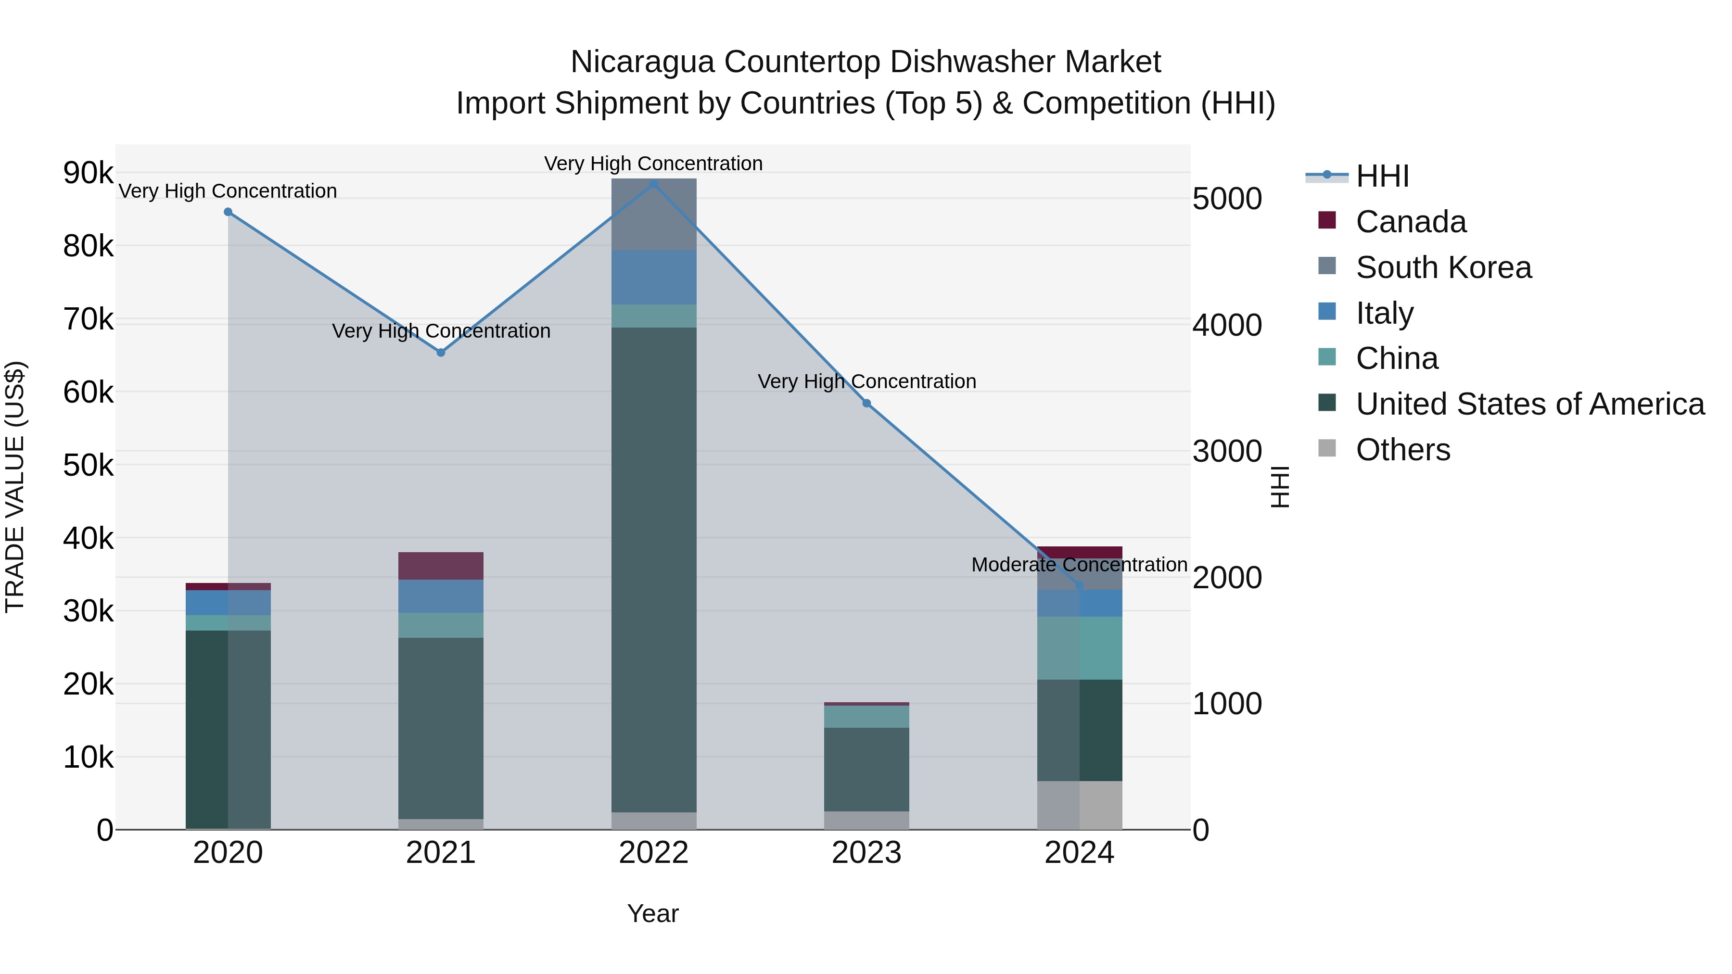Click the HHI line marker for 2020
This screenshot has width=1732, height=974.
tap(228, 212)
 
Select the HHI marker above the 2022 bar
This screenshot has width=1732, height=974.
tap(653, 184)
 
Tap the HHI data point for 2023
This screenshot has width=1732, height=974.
tap(866, 404)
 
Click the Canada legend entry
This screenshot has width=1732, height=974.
tap(1411, 222)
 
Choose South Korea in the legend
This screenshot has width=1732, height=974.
tap(1443, 267)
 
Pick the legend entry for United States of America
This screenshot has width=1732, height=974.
tap(1529, 404)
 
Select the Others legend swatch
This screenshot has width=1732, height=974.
tap(1326, 448)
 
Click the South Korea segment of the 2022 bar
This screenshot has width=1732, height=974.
tap(653, 215)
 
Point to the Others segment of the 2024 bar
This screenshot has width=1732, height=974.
tap(1079, 805)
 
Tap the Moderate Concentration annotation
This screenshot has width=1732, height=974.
tap(1079, 565)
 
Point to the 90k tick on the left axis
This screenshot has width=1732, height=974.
tap(88, 174)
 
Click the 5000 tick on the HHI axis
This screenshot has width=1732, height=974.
tap(1227, 199)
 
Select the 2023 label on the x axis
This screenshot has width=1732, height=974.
tap(866, 853)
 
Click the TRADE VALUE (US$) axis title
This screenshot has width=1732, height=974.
tap(15, 487)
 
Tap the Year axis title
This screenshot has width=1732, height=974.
tap(653, 913)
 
